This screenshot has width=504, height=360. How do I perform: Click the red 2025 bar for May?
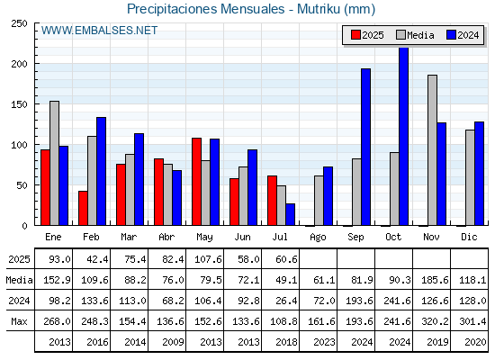pyautogui.click(x=197, y=182)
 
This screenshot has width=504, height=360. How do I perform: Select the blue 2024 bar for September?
pyautogui.click(x=365, y=147)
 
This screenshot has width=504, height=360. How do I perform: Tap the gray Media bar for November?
pyautogui.click(x=432, y=150)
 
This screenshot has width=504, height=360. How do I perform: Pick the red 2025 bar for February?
pyautogui.click(x=83, y=208)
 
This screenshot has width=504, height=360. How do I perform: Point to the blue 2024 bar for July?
pyautogui.click(x=290, y=214)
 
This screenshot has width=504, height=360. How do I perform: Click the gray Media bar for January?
pyautogui.click(x=54, y=163)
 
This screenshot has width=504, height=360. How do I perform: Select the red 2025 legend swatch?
pyautogui.click(x=355, y=35)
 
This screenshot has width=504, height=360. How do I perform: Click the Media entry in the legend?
pyautogui.click(x=415, y=35)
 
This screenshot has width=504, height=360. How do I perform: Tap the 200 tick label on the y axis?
pyautogui.click(x=19, y=64)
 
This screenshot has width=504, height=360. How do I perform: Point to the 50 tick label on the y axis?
pyautogui.click(x=22, y=185)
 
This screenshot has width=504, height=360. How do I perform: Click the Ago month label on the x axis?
pyautogui.click(x=318, y=238)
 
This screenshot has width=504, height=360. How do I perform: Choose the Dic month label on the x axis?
pyautogui.click(x=469, y=237)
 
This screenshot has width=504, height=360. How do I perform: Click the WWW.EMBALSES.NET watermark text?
pyautogui.click(x=99, y=31)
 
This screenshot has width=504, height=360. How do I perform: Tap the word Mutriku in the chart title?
pyautogui.click(x=319, y=9)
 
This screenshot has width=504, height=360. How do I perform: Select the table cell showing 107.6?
pyautogui.click(x=208, y=259)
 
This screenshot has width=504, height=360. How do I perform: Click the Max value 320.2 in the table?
pyautogui.click(x=435, y=321)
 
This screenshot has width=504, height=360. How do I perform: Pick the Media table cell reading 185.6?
pyautogui.click(x=435, y=280)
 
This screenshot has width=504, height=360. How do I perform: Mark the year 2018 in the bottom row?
pyautogui.click(x=286, y=342)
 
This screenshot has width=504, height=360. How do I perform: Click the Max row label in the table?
pyautogui.click(x=19, y=321)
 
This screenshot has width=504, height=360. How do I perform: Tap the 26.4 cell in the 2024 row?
pyautogui.click(x=286, y=301)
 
